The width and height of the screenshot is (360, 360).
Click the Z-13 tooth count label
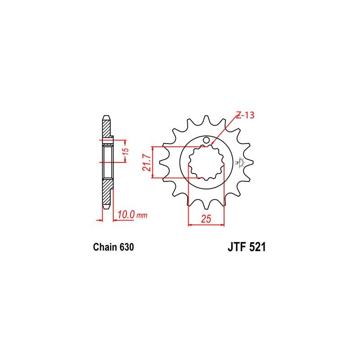(x=245, y=115)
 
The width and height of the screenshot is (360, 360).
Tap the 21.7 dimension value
(x=147, y=162)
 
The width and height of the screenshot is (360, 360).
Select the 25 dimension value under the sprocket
(x=206, y=219)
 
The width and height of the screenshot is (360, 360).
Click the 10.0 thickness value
(x=126, y=215)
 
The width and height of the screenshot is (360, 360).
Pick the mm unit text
(x=142, y=216)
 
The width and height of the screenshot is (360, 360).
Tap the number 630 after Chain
(x=126, y=247)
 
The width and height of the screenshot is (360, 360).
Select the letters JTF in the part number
(x=237, y=247)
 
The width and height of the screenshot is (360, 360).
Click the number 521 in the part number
(x=257, y=247)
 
